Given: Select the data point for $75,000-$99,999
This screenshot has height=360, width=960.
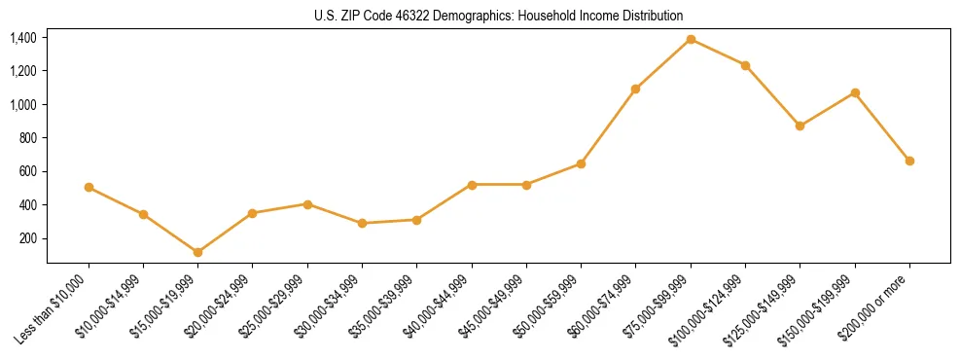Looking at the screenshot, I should coord(691,39).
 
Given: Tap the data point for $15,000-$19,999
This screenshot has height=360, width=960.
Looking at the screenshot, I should coord(198,252).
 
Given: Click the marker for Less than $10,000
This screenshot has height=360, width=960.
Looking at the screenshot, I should coord(89,187).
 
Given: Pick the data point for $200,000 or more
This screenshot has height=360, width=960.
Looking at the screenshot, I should coord(909,161).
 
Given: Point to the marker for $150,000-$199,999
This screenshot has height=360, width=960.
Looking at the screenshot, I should coord(855,92).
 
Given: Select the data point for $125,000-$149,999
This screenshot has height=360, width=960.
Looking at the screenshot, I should coord(800,126).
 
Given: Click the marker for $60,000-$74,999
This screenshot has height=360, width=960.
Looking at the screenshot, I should coord(635,89).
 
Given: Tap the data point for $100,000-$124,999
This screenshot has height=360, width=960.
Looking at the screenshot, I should coord(745,65).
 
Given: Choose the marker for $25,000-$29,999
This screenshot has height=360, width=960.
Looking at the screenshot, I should coord(307,204).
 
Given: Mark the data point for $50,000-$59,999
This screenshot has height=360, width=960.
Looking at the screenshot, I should coord(581,163).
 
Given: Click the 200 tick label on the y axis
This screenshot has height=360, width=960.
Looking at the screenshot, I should coord(28,238).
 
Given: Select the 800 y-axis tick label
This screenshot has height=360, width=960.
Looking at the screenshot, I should coord(28,138).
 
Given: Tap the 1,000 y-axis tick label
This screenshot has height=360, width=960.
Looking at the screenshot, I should coord(23,105).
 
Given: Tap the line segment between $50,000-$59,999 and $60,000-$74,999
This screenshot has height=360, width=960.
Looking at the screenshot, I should coord(608,126).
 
